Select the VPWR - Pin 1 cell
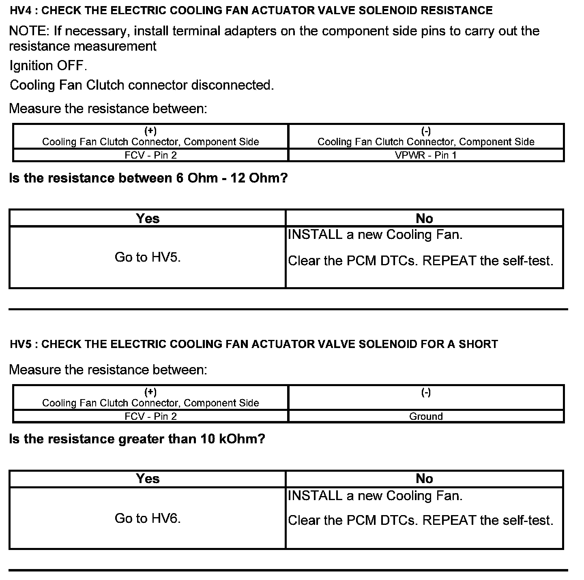(x=426, y=155)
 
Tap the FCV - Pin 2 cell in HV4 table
(x=150, y=155)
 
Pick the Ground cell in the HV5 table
(x=426, y=417)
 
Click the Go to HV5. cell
(x=148, y=257)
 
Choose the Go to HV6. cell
(x=148, y=518)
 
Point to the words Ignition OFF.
(x=48, y=66)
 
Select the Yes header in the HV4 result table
(x=148, y=219)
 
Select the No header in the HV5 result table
(x=424, y=479)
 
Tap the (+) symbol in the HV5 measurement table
(x=150, y=392)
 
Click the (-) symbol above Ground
(x=426, y=392)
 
